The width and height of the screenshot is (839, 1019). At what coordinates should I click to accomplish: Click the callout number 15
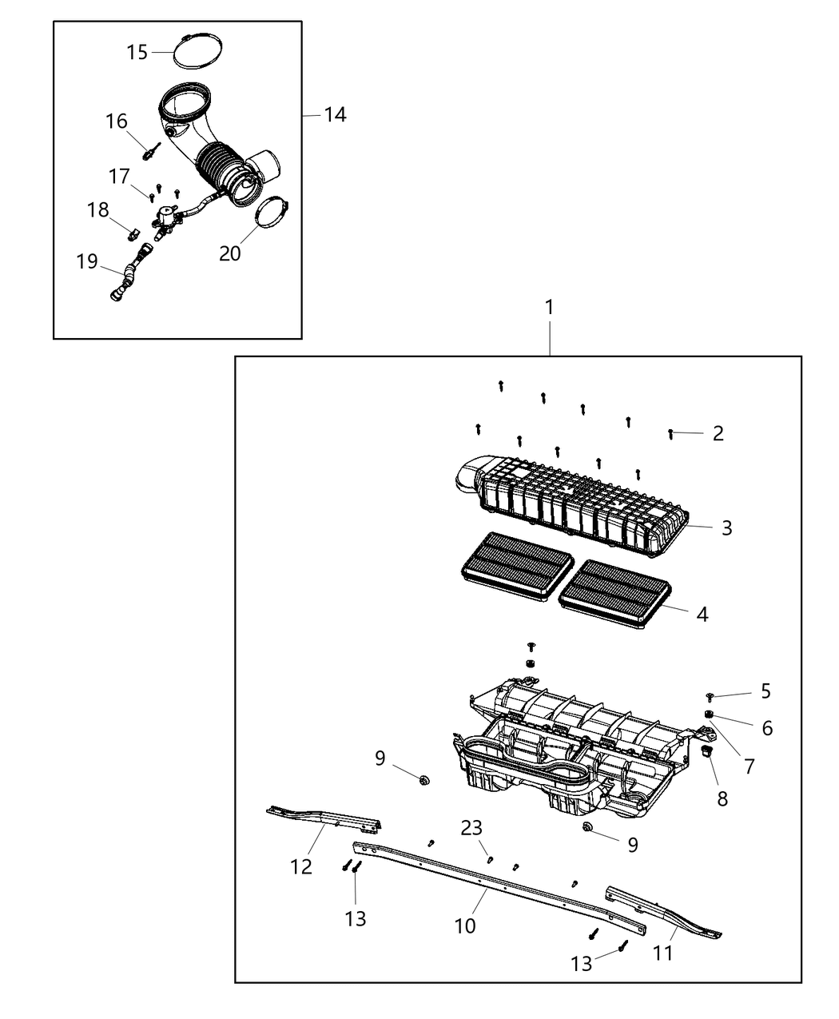137,52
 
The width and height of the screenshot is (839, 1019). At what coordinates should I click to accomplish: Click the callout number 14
335,115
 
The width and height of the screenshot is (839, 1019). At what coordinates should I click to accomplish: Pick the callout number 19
87,261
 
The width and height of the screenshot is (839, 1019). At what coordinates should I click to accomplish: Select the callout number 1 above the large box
549,307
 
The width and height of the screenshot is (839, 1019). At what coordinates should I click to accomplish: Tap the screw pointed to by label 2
671,433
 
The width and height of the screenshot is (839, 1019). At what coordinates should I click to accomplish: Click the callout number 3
726,527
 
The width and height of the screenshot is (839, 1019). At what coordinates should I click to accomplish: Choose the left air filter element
517,567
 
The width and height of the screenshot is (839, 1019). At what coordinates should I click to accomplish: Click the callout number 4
702,614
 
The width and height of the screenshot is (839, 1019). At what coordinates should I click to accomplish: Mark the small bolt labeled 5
710,698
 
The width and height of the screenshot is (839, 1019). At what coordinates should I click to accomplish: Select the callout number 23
471,829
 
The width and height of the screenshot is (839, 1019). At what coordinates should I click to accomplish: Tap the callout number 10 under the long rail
465,925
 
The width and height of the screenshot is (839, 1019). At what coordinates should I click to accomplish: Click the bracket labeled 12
324,818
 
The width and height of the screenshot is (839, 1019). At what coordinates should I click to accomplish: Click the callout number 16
117,121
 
